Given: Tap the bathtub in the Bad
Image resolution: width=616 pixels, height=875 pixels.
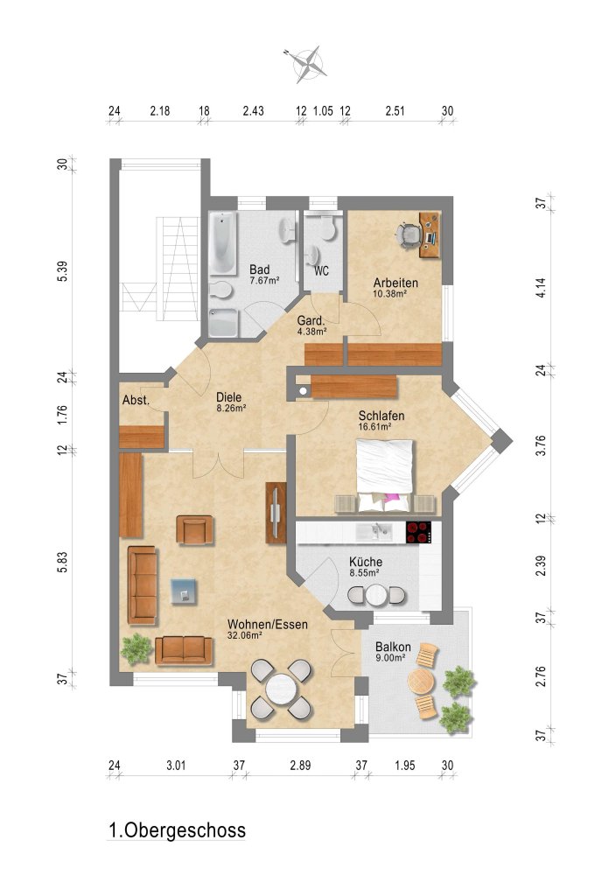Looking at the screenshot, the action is (x=223, y=242).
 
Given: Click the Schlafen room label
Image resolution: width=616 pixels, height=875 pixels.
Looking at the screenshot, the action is (x=381, y=416).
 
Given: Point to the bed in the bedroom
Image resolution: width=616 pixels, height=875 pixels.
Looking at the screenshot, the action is (x=385, y=475).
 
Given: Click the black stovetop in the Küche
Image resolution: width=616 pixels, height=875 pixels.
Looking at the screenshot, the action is (x=419, y=532).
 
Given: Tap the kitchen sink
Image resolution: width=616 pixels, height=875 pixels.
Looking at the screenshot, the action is (x=374, y=531).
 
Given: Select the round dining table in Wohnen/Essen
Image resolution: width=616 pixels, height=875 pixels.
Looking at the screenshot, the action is (x=281, y=689).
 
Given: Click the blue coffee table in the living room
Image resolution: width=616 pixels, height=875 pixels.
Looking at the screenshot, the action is (x=184, y=591).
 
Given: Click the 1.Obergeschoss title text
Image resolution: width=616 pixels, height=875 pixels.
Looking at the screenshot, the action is (x=177, y=829).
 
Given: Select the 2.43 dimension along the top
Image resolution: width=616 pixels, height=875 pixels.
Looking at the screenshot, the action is (x=253, y=110).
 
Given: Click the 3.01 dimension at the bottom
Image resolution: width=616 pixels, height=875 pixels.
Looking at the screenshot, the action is (x=176, y=765).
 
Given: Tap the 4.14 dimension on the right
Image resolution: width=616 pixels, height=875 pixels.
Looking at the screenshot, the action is (x=541, y=287).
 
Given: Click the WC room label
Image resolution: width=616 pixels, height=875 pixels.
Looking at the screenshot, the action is (x=321, y=271).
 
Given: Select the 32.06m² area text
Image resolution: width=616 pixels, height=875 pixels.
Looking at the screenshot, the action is (x=245, y=634).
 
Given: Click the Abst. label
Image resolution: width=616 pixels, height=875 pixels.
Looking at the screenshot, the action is (x=136, y=400).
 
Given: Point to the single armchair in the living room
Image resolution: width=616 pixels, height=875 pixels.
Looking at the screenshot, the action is (x=194, y=530).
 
